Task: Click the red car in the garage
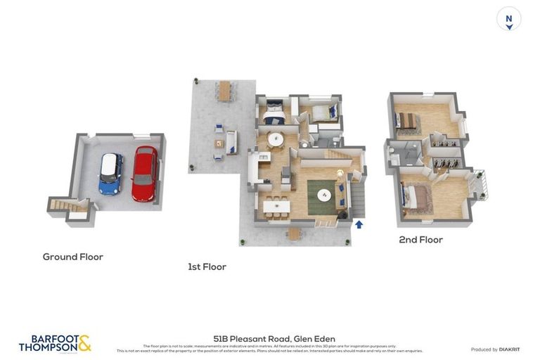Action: click(x=144, y=174)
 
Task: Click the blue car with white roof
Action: click(x=110, y=174)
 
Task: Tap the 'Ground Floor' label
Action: click(x=72, y=257)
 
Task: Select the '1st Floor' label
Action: click(x=207, y=266)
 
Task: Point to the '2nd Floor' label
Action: click(x=420, y=240)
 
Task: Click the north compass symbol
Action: click(x=508, y=18)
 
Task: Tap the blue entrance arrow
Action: click(x=359, y=225)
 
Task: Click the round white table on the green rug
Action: click(x=325, y=193)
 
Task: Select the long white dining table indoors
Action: click(x=276, y=206)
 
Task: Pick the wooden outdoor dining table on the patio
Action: click(x=224, y=91)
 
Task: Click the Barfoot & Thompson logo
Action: click(x=55, y=343)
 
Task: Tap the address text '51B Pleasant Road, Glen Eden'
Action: click(x=274, y=338)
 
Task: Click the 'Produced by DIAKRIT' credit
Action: click(x=495, y=349)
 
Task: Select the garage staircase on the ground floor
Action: click(x=67, y=205)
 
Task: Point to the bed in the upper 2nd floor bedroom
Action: click(x=407, y=121)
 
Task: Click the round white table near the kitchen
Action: click(x=276, y=139)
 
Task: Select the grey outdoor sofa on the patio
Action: click(x=231, y=142)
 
